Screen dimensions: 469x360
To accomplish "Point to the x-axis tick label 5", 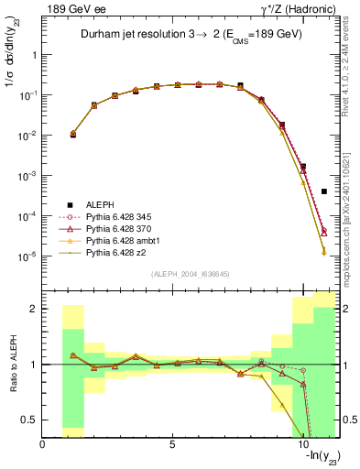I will (173, 444).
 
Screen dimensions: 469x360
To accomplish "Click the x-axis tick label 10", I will (303, 444).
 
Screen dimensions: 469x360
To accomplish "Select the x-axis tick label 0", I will (43, 444).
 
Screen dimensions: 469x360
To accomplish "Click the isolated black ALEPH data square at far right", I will (324, 191).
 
